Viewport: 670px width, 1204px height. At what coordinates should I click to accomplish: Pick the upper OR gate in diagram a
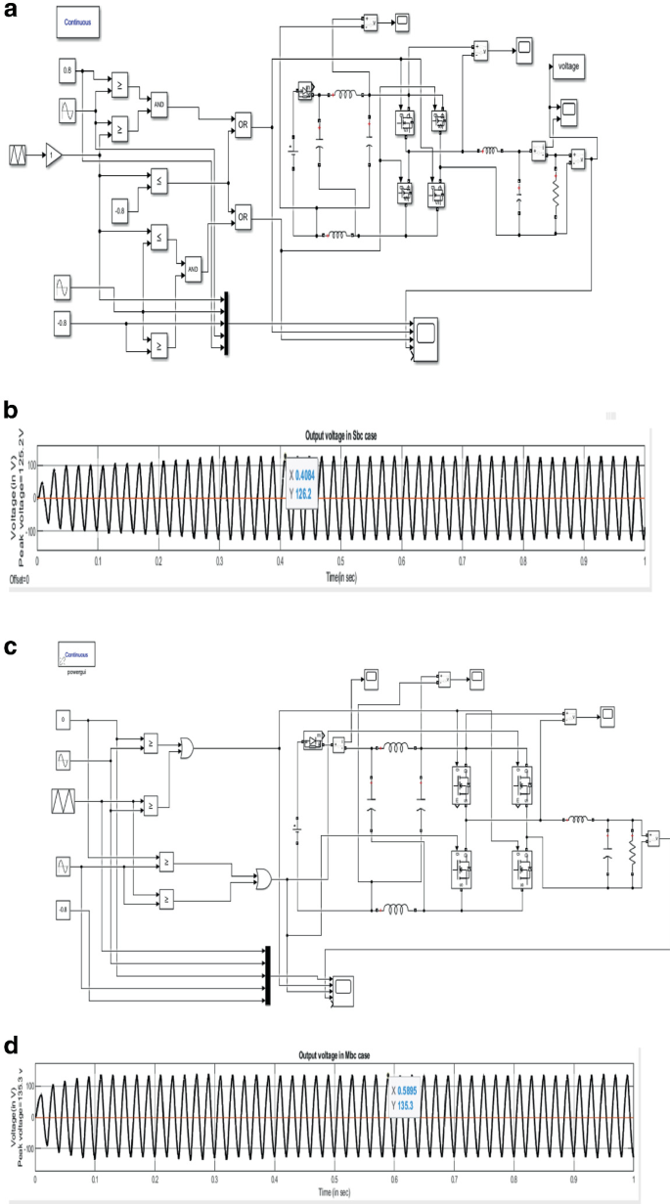[x=243, y=123]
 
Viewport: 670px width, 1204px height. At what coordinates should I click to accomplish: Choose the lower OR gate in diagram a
[x=243, y=216]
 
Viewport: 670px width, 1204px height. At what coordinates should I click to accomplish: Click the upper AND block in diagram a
[x=158, y=104]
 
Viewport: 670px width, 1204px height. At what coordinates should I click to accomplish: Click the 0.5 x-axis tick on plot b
[x=340, y=564]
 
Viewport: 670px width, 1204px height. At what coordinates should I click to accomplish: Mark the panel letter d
[x=11, y=1044]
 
